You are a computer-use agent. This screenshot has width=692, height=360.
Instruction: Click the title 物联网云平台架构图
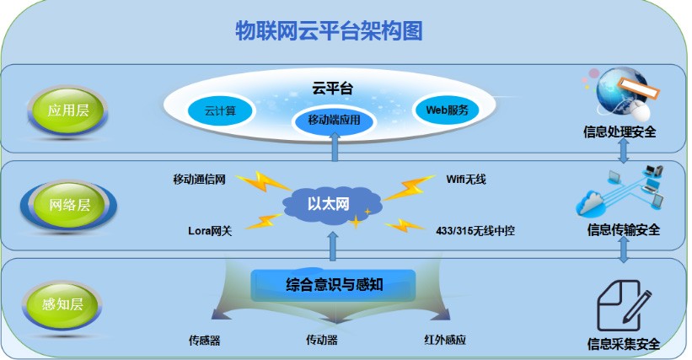click(x=329, y=31)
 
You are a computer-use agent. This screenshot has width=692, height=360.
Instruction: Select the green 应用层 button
click(x=67, y=110)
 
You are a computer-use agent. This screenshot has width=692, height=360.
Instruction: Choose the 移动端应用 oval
click(x=334, y=121)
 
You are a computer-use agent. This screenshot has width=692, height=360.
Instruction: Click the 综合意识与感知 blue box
click(x=335, y=284)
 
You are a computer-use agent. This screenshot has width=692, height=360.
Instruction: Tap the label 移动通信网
click(x=199, y=179)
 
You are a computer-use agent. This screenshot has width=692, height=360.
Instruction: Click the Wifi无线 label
click(x=466, y=179)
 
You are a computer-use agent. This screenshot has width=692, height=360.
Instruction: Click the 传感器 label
click(x=205, y=341)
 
